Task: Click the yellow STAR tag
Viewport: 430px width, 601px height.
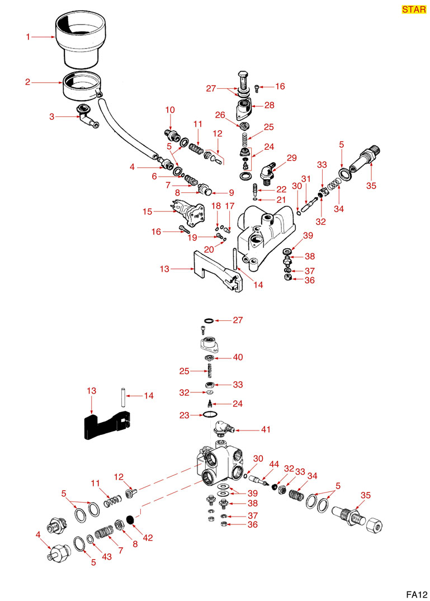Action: pyautogui.click(x=414, y=10)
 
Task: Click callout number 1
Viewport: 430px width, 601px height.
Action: pyautogui.click(x=27, y=37)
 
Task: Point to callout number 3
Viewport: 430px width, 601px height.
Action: pyautogui.click(x=51, y=117)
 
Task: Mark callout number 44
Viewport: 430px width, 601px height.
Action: pyautogui.click(x=274, y=465)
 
